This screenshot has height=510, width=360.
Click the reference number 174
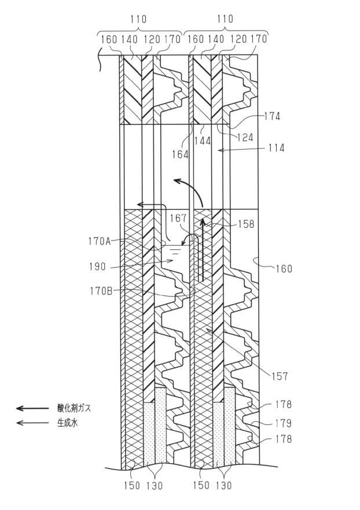pyautogui.click(x=272, y=116)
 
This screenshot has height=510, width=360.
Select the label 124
pyautogui.click(x=245, y=137)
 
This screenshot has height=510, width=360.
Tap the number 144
pyautogui.click(x=203, y=141)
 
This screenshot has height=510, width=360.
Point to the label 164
pyautogui.click(x=181, y=154)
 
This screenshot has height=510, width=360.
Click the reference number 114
pyautogui.click(x=276, y=148)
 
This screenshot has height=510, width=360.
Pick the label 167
pyautogui.click(x=178, y=218)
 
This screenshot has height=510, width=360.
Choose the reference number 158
pyautogui.click(x=246, y=224)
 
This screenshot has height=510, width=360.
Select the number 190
pyautogui.click(x=97, y=267)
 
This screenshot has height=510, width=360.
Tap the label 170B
pyautogui.click(x=101, y=291)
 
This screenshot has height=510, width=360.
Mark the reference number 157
pyautogui.click(x=280, y=376)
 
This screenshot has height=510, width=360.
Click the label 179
pyautogui.click(x=283, y=423)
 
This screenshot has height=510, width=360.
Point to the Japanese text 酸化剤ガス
pyautogui.click(x=74, y=408)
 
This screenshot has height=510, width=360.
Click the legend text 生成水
pyautogui.click(x=68, y=423)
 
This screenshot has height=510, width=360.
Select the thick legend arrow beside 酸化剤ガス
pyautogui.click(x=32, y=408)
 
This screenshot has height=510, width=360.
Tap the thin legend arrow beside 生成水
pyautogui.click(x=32, y=423)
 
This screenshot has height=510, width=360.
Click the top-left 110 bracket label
pyautogui.click(x=138, y=19)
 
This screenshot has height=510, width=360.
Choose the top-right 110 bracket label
pyautogui.click(x=225, y=19)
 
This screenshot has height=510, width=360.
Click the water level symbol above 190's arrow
pyautogui.click(x=176, y=250)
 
